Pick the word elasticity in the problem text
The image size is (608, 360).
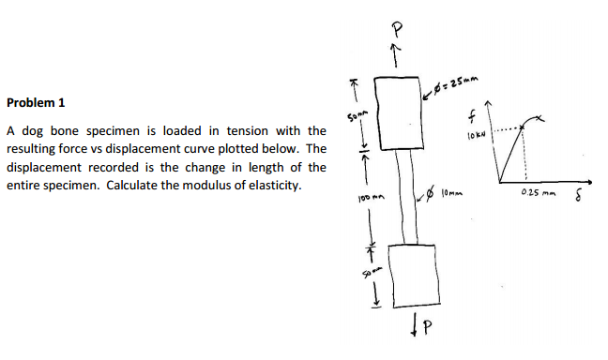pyautogui.click(x=269, y=185)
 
